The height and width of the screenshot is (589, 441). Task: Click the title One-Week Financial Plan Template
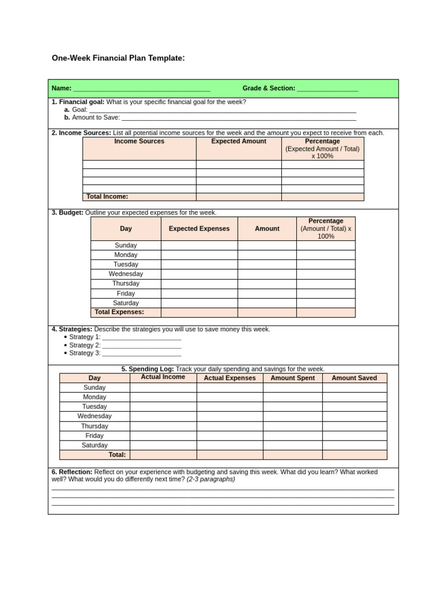tap(118, 58)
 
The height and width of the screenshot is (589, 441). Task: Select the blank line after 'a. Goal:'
tap(222, 110)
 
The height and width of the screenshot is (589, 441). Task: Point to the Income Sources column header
tap(139, 141)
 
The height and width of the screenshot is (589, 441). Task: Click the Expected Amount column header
tap(238, 141)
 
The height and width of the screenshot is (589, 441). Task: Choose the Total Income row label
tap(107, 197)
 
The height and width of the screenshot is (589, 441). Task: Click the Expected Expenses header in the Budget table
tap(199, 229)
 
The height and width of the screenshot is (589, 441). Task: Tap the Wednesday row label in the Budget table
tap(126, 274)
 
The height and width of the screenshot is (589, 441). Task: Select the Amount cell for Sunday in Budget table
tap(267, 246)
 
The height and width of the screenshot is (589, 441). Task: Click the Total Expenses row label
tap(119, 312)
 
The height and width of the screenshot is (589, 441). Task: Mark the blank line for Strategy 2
tap(141, 346)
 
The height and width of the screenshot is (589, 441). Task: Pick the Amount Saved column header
tap(354, 378)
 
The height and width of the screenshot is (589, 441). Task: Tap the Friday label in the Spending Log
tap(95, 436)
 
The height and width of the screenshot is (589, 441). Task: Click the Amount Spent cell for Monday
tap(292, 397)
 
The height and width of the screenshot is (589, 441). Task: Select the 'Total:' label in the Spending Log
tap(117, 455)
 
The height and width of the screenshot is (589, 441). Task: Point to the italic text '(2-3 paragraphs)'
tap(211, 479)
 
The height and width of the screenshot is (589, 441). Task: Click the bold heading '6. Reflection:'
tap(72, 472)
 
